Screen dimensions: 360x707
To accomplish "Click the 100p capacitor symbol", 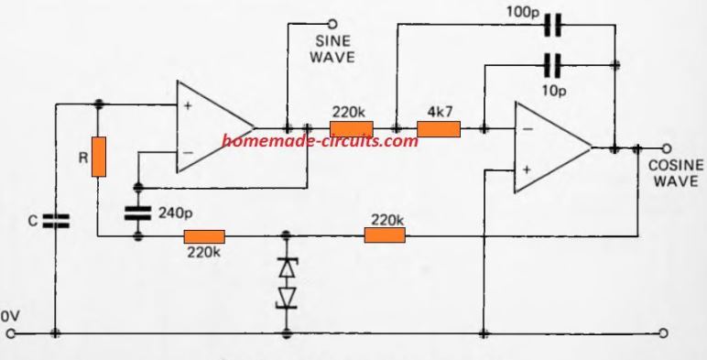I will (x=550, y=27).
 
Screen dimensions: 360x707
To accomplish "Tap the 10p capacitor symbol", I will (x=550, y=64).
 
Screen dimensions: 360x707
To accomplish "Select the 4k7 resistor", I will (x=438, y=130).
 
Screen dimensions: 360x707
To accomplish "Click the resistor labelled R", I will (x=97, y=156).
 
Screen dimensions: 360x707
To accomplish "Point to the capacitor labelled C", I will (x=56, y=220).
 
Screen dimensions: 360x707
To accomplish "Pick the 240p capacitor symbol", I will (x=138, y=213).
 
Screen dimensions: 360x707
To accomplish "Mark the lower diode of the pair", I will (x=288, y=299).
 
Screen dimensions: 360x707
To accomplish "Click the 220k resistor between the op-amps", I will (x=352, y=130).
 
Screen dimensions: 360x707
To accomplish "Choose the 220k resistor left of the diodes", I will (x=204, y=236).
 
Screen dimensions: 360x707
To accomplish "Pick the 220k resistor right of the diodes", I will (x=385, y=236).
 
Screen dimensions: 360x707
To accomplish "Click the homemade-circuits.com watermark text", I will (x=313, y=143).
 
